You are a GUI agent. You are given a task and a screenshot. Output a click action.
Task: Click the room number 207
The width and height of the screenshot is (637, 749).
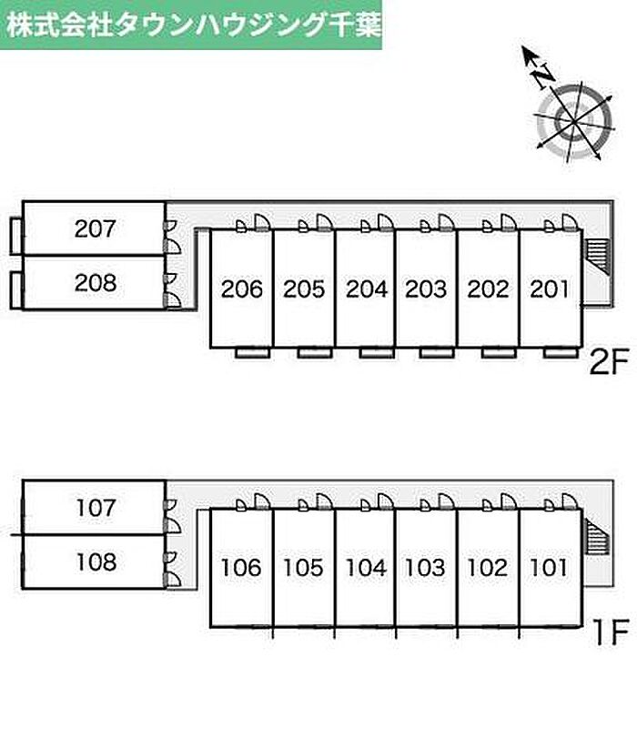(x=96, y=228)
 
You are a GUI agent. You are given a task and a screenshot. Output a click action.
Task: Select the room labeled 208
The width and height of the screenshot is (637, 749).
(x=96, y=283)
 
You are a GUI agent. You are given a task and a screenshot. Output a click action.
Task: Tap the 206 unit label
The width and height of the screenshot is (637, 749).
(x=241, y=289)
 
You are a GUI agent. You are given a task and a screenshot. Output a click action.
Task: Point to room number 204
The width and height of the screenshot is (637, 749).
(x=366, y=289)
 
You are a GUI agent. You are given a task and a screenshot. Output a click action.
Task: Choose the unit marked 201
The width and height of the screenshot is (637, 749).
(x=549, y=289)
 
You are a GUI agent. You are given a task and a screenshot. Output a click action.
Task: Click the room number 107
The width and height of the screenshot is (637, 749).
(x=96, y=507)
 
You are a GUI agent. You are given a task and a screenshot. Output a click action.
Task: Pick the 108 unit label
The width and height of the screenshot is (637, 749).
(x=96, y=562)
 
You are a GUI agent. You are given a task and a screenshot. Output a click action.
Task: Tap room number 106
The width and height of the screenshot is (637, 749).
(x=241, y=569)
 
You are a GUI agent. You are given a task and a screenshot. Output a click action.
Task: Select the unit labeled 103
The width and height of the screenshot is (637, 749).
(x=426, y=569)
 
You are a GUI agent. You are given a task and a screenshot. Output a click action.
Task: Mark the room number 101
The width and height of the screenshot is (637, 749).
(x=549, y=569)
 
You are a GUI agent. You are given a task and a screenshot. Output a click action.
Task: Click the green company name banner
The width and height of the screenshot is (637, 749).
(x=192, y=24)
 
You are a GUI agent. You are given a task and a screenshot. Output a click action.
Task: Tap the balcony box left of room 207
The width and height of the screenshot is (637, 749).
(x=15, y=235)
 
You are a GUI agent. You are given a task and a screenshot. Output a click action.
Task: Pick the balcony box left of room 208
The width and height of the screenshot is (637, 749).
(x=15, y=289)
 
